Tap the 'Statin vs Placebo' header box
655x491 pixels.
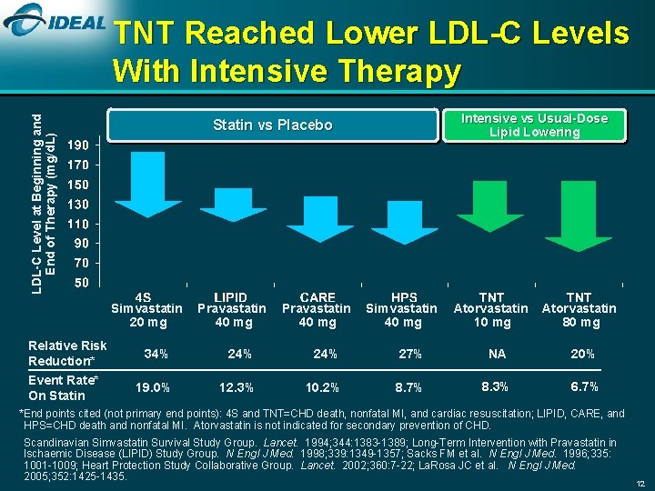(x=272, y=125)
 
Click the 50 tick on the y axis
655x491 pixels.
(x=81, y=283)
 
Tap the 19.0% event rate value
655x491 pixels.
(x=152, y=387)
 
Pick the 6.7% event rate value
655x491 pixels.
(x=584, y=387)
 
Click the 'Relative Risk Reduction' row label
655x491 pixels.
(x=67, y=353)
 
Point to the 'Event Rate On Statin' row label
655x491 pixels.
(x=63, y=387)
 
